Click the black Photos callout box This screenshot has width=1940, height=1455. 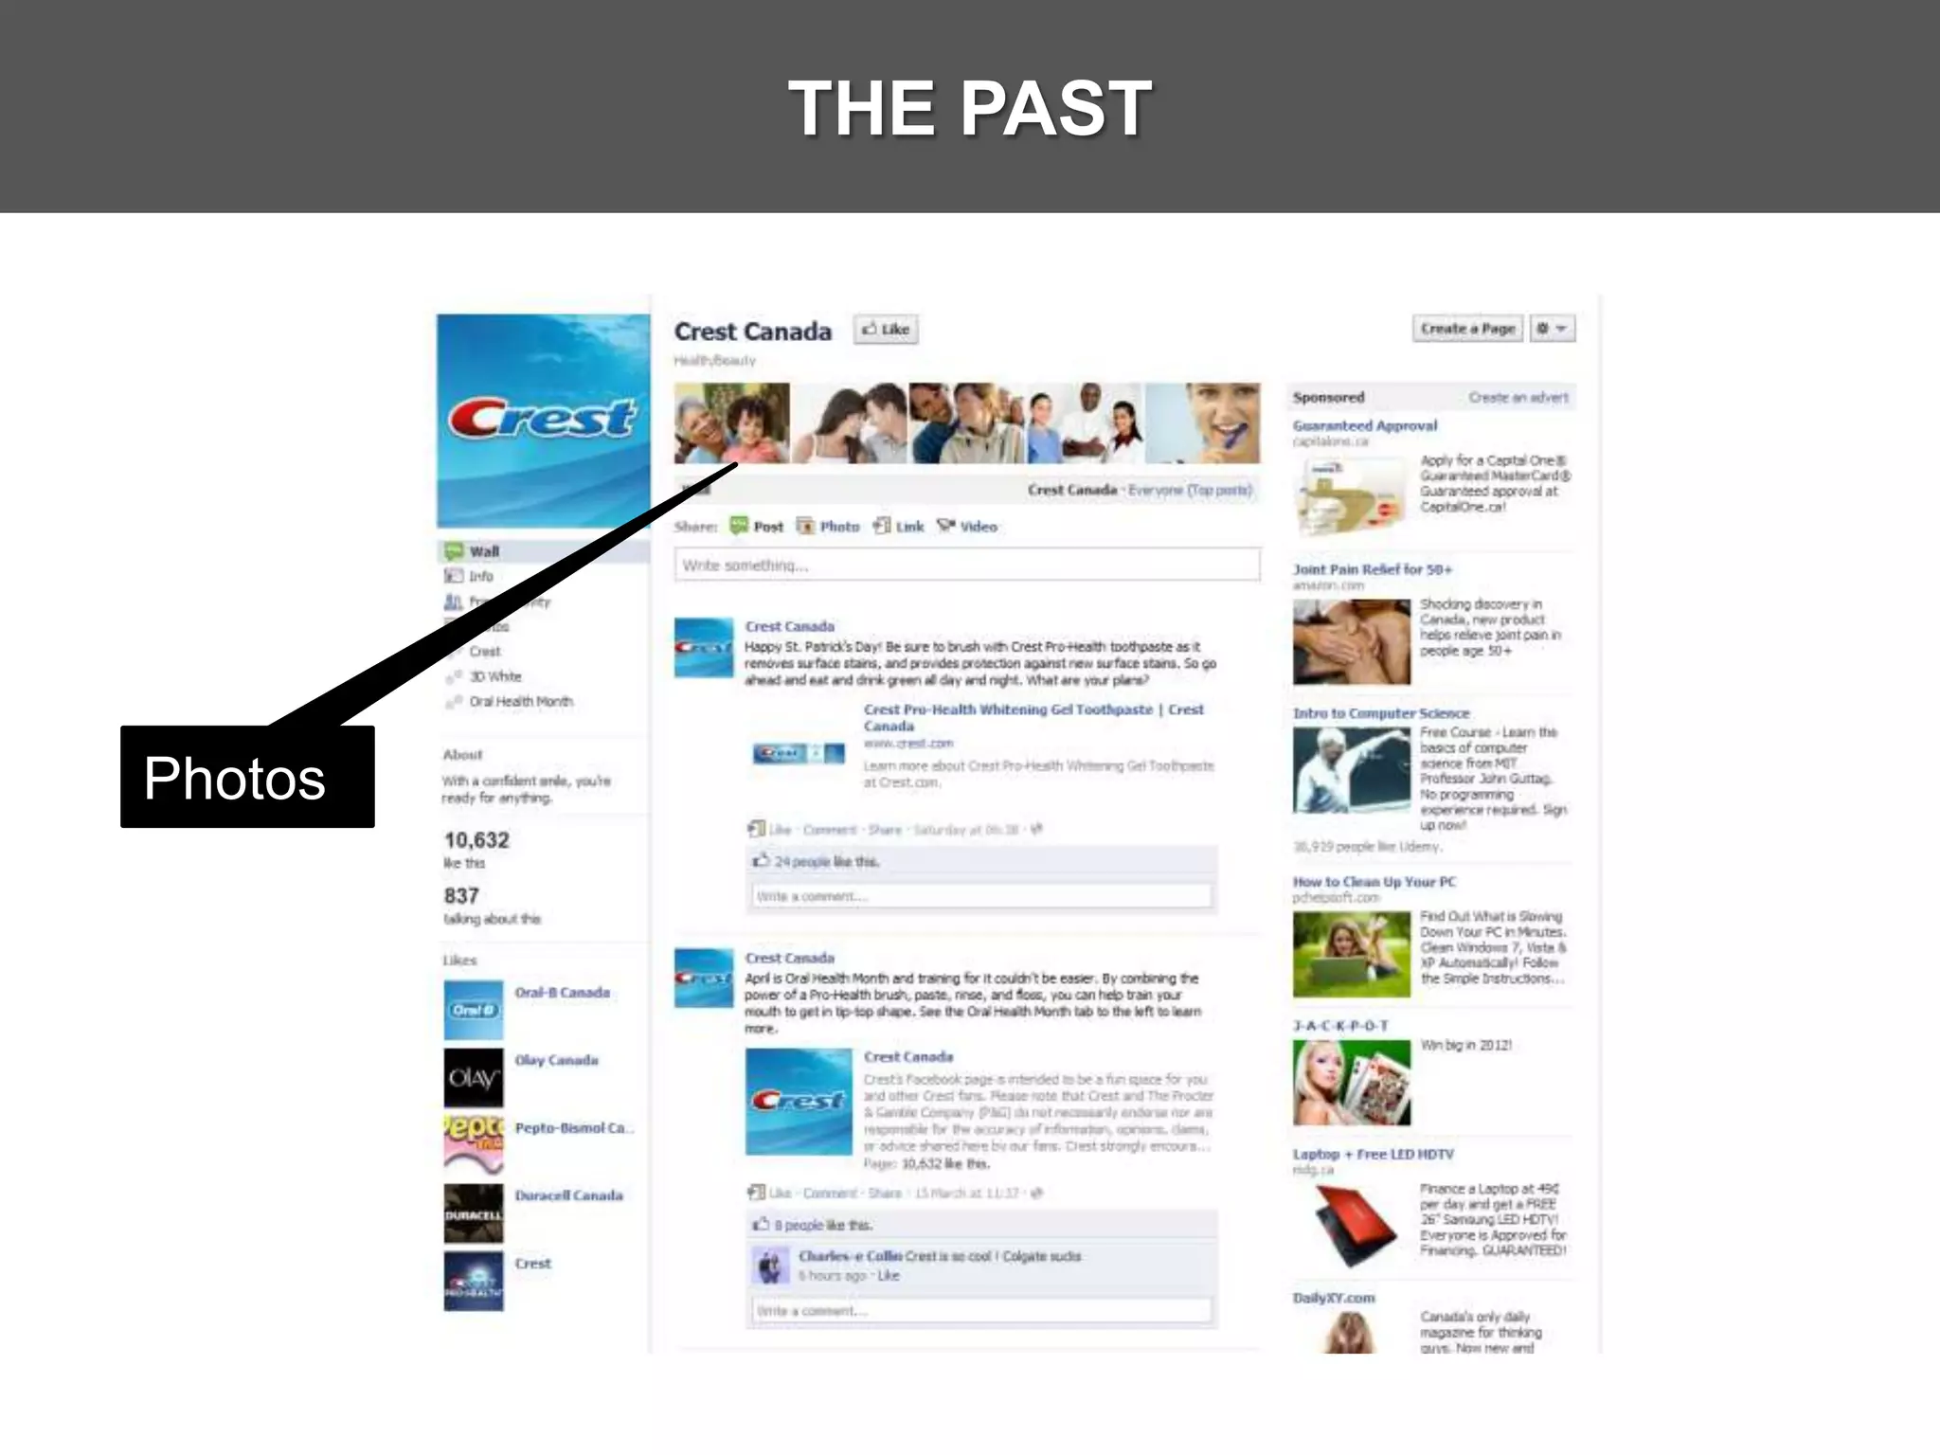(x=247, y=777)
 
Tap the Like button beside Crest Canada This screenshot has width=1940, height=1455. (x=887, y=330)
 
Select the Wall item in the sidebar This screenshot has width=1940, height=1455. (x=484, y=551)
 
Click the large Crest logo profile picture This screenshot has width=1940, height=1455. (x=543, y=421)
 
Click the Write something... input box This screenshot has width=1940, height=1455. (x=966, y=566)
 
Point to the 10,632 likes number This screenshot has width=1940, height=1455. (x=477, y=840)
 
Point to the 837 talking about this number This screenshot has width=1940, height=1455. (x=462, y=896)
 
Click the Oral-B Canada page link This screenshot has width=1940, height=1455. (x=563, y=993)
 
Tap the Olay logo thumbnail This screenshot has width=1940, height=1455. (x=474, y=1078)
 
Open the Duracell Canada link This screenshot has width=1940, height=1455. (x=569, y=1195)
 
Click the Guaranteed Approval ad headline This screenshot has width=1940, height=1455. (x=1365, y=426)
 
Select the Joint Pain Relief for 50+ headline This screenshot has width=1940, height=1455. (x=1373, y=569)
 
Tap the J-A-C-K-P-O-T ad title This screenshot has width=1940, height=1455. (x=1341, y=1026)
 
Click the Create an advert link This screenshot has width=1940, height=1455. (x=1518, y=398)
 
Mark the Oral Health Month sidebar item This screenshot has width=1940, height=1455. (x=521, y=702)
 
